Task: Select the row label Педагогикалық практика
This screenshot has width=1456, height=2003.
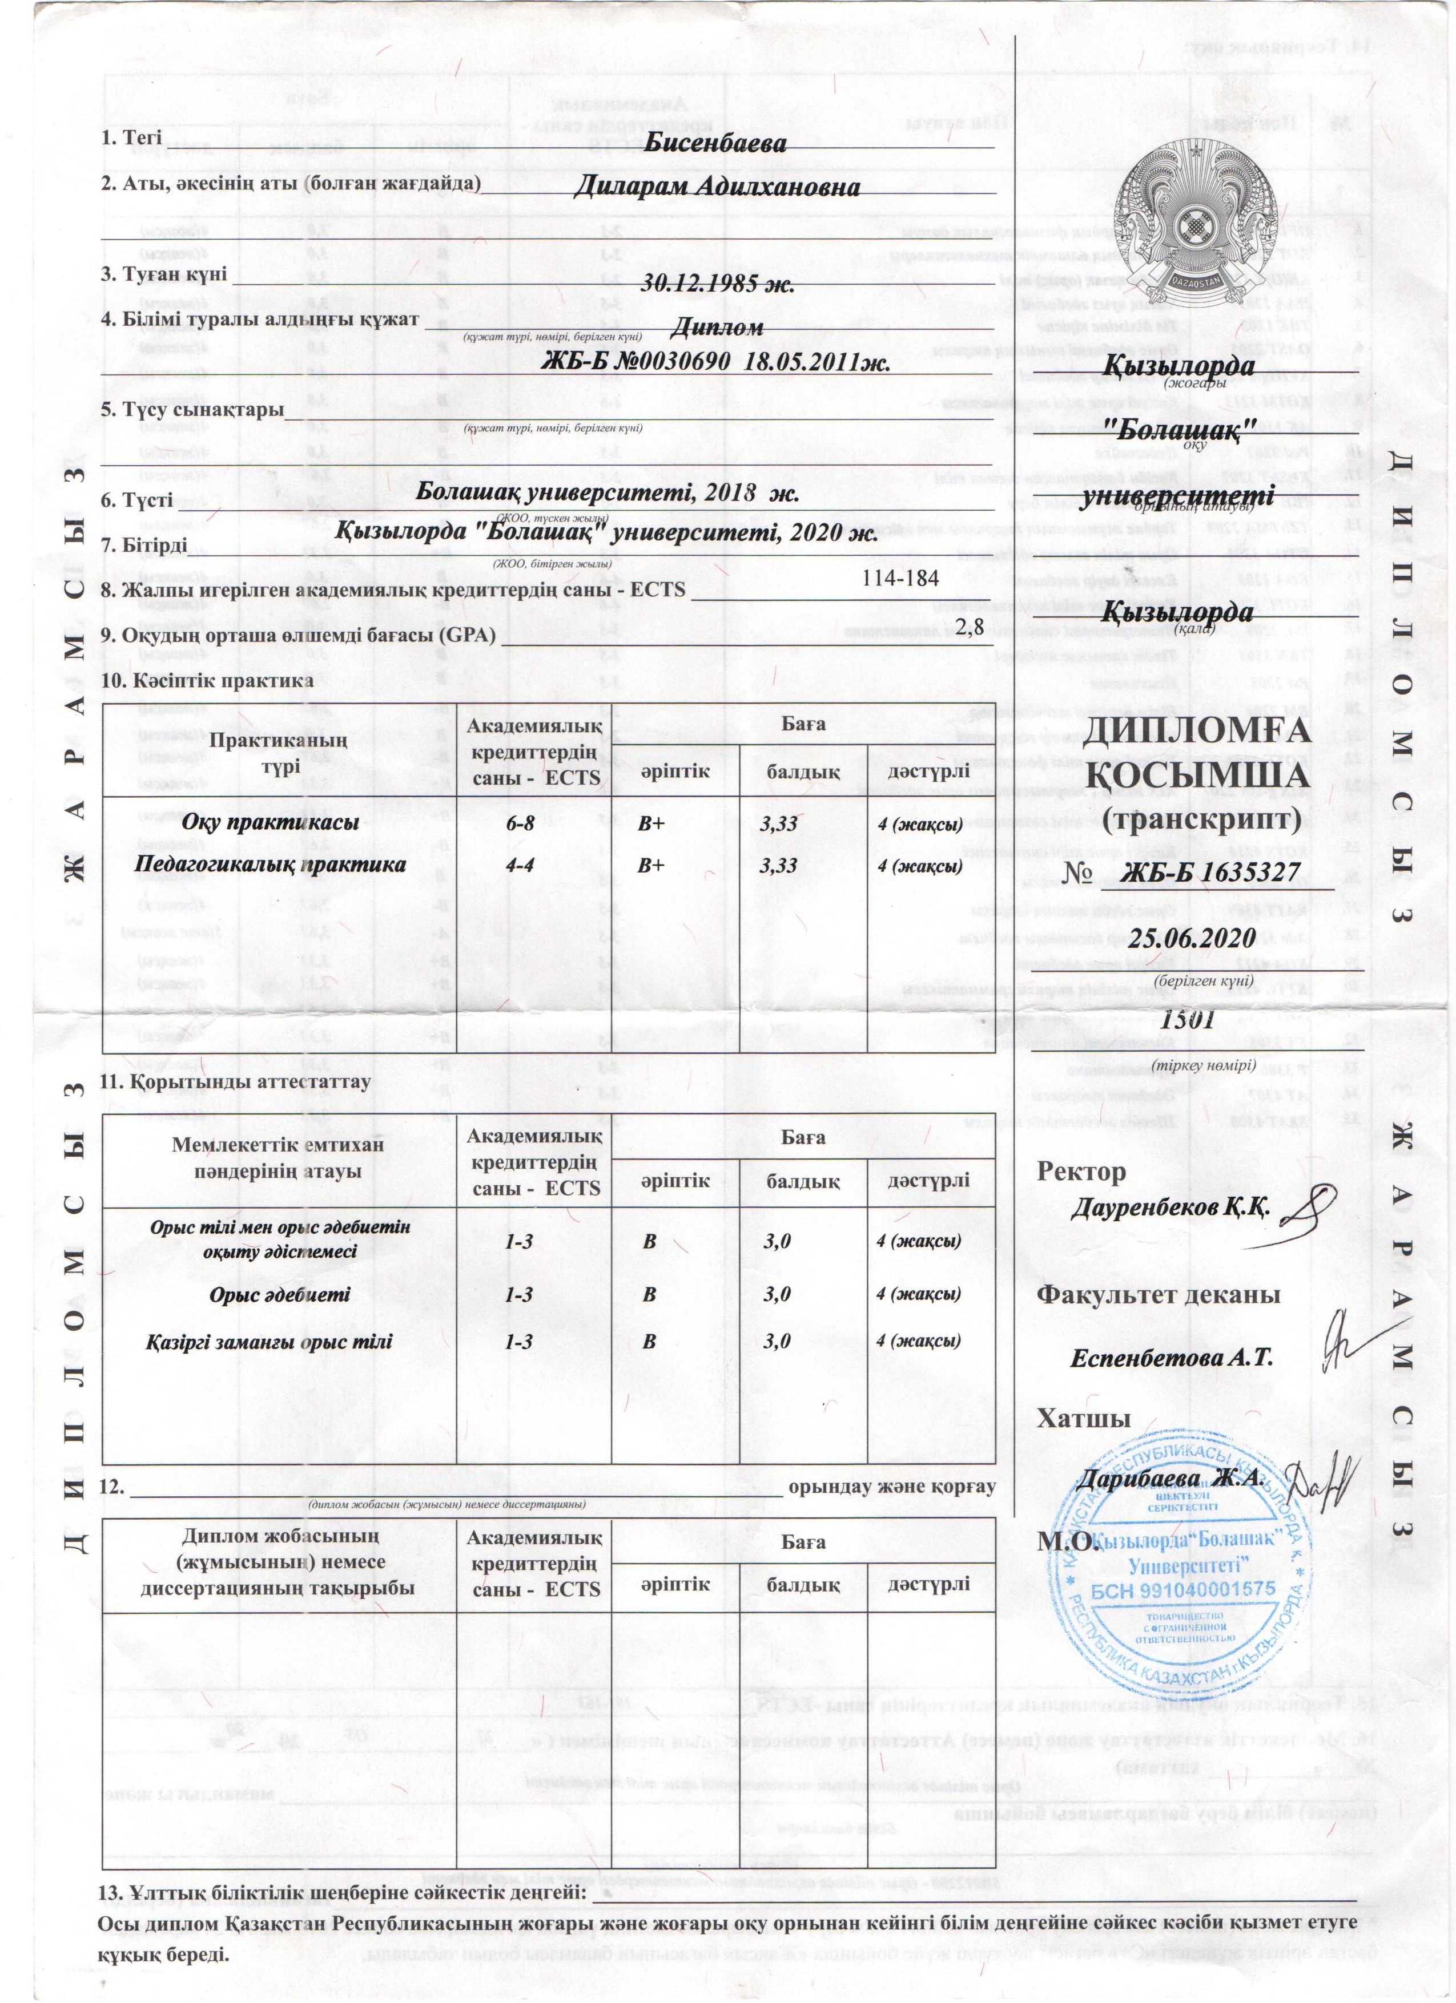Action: point(270,865)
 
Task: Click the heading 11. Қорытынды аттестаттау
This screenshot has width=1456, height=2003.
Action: point(236,1081)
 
